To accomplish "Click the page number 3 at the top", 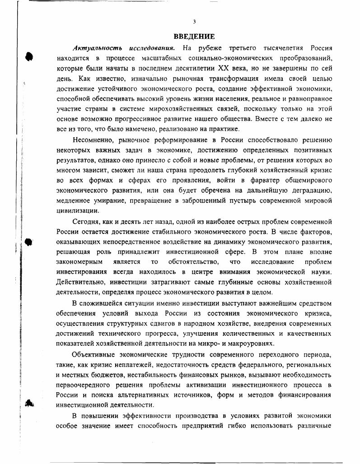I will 194,22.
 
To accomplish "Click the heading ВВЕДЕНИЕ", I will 194,37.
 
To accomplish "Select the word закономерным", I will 79,262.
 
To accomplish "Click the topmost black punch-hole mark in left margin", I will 29,56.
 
